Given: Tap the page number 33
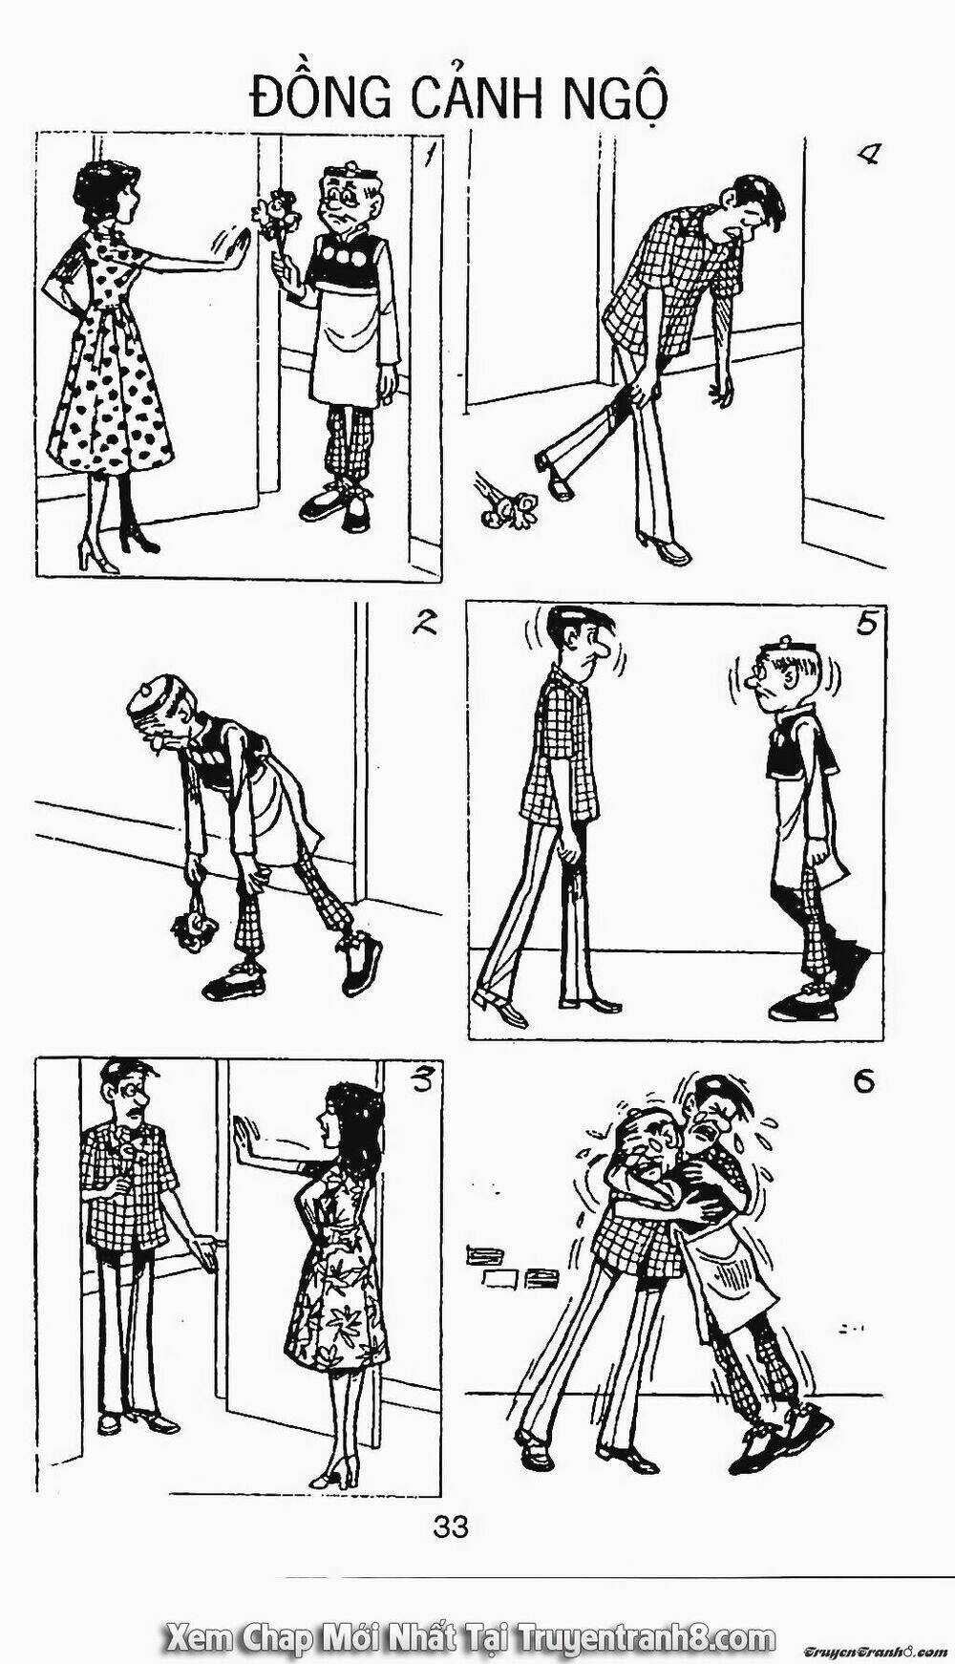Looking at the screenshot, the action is [x=451, y=1526].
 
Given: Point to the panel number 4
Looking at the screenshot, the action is [x=869, y=156].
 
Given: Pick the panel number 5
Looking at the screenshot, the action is [x=867, y=624].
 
